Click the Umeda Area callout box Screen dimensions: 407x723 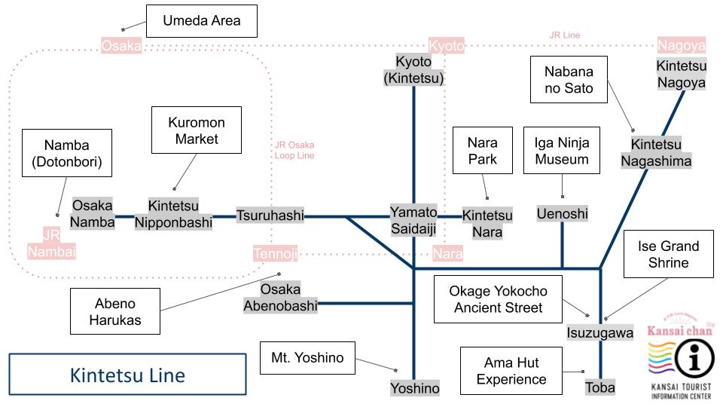tap(202, 20)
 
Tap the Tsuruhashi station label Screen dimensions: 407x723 tap(270, 216)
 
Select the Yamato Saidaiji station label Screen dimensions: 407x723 tap(413, 221)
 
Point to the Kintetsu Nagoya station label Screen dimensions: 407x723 tap(681, 74)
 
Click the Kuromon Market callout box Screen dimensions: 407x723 tap(196, 130)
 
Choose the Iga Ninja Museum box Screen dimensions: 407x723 tap(562, 151)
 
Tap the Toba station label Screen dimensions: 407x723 tap(600, 387)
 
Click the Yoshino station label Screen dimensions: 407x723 tap(414, 388)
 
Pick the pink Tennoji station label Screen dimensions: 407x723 tap(275, 254)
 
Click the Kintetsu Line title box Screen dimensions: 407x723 tap(127, 375)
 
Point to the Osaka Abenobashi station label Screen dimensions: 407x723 tap(281, 298)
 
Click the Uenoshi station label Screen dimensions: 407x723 tap(562, 214)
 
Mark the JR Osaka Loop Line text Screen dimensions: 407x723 tap(294, 150)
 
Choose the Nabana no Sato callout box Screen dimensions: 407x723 tap(569, 81)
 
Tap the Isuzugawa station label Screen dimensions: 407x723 tap(600, 332)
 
